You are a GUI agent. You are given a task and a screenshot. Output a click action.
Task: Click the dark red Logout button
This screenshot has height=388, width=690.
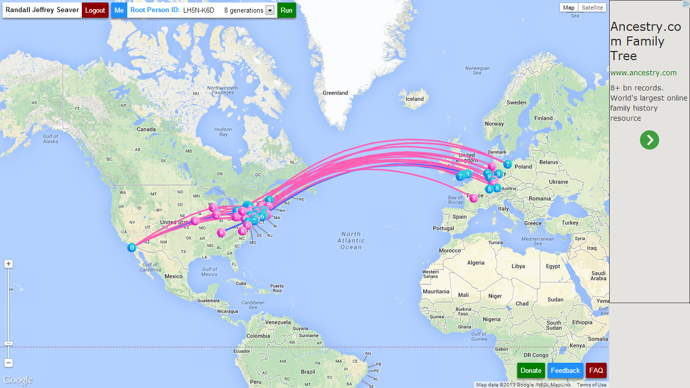pos(95,10)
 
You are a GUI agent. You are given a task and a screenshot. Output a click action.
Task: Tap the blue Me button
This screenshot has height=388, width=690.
pos(119,10)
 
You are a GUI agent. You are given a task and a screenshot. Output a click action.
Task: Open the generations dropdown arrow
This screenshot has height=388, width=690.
pos(270,11)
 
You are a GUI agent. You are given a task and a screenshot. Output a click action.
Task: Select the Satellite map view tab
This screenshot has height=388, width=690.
pos(592,8)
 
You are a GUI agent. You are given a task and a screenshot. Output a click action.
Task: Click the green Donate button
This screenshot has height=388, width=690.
pos(531,370)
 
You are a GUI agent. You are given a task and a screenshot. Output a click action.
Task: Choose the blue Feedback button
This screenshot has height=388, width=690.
pos(565,370)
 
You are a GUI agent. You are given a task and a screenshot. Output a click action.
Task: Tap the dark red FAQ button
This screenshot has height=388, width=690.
pos(596,370)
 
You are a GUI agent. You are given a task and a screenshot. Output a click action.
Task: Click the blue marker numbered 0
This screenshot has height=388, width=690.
pos(132,248)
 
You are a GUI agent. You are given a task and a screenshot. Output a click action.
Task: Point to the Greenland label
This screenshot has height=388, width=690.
pos(335,93)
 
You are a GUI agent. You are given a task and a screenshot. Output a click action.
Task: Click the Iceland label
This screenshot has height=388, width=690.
pos(415,99)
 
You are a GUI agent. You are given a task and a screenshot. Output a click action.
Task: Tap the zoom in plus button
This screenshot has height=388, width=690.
pos(9,264)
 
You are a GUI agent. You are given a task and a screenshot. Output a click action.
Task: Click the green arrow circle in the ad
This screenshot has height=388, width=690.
pos(650,139)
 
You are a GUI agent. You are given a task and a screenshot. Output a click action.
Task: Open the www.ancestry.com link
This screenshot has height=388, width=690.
pos(644,73)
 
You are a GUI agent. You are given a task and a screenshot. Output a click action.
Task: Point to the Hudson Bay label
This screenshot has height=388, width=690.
pos(223,132)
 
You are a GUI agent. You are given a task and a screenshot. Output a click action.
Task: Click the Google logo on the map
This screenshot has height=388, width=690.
pos(18,380)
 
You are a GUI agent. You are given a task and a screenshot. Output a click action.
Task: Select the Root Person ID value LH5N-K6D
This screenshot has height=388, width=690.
pos(198,10)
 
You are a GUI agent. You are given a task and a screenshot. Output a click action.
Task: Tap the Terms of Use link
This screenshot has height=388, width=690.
pos(592,385)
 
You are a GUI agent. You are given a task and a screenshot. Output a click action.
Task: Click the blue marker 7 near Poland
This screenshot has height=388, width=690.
pos(508,164)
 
